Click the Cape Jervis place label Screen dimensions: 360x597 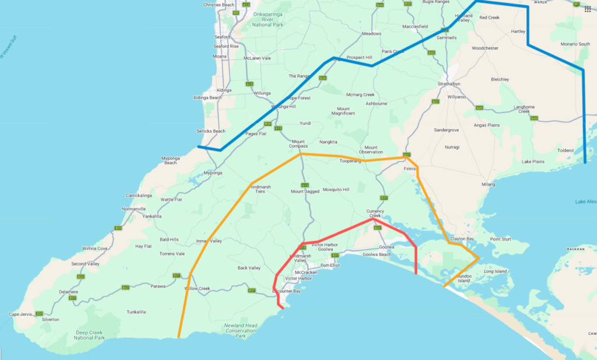point(20,314)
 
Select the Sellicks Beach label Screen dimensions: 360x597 point(211,131)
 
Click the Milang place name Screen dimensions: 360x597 point(488,184)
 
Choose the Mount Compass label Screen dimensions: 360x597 point(298,144)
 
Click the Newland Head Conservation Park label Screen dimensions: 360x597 point(240,331)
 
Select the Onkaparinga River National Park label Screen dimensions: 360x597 point(266,20)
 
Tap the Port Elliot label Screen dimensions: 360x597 point(330,265)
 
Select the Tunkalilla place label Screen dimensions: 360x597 point(136,312)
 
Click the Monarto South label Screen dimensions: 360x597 point(575,44)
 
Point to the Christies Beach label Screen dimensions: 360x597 point(219,5)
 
